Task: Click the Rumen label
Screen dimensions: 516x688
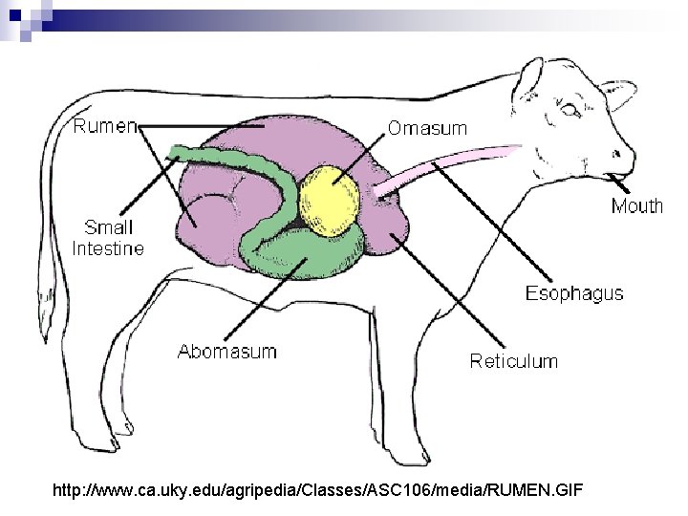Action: click(104, 125)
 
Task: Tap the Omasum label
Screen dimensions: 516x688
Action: click(427, 128)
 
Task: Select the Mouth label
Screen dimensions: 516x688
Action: click(636, 206)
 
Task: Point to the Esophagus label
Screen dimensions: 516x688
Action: click(573, 293)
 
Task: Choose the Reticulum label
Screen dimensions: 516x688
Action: click(513, 360)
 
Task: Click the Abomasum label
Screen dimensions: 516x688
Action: click(227, 351)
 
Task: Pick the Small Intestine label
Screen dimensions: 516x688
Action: click(108, 238)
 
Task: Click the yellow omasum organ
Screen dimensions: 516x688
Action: click(330, 195)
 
